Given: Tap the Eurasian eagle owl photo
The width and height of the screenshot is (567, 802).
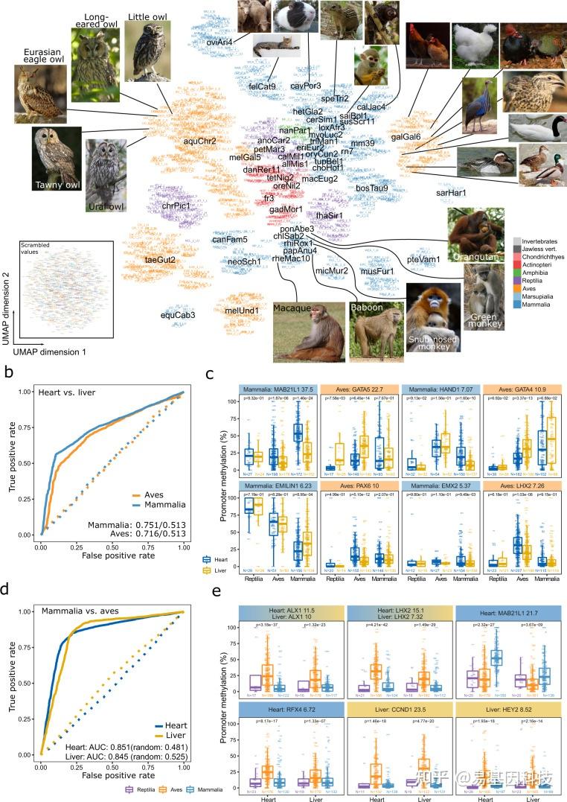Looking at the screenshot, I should click(39, 94).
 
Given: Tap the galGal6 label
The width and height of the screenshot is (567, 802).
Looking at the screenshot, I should click(406, 137).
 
